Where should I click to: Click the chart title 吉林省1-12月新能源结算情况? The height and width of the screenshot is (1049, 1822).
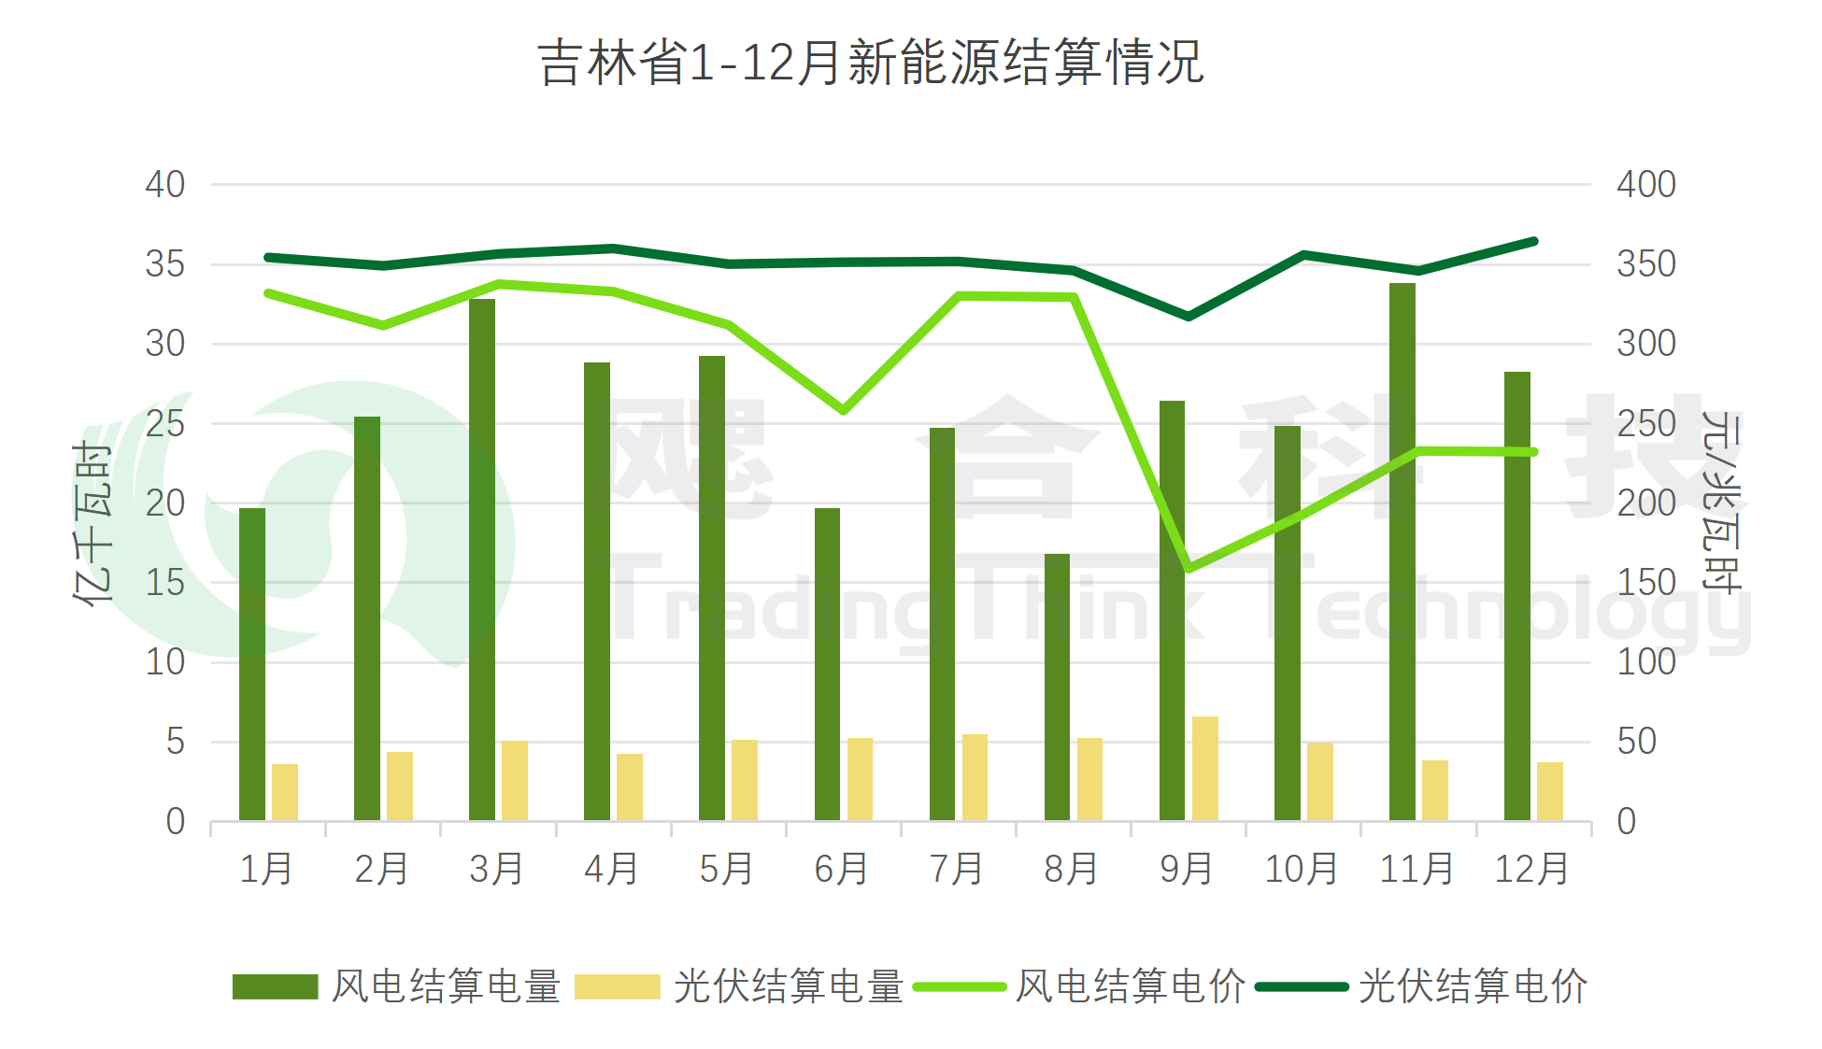coord(871,64)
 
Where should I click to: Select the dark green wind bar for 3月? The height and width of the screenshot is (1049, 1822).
coord(482,560)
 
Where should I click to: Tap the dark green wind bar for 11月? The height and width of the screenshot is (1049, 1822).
coord(1402,551)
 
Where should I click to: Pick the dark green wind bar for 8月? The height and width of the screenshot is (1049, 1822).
coord(1057,688)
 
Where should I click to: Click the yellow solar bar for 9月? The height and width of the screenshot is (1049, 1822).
coord(1205,769)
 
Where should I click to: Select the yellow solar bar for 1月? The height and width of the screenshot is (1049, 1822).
coord(285,792)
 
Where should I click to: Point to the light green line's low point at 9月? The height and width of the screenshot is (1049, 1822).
coord(1189,568)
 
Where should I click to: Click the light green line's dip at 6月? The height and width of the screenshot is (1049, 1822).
coord(843,410)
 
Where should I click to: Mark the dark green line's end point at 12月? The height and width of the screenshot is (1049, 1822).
coord(1533,242)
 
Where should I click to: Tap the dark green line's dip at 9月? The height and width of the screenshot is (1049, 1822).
coord(1189,317)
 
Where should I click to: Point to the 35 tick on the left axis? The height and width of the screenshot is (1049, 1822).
coord(164,264)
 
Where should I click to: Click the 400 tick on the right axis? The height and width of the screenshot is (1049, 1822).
coord(1646,185)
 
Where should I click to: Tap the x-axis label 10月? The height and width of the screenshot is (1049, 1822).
coord(1301,870)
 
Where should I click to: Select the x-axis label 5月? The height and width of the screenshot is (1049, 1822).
coord(726,870)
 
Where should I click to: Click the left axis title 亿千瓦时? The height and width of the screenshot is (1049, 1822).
coord(93,523)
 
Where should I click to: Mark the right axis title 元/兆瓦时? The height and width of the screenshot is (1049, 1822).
coord(1721,502)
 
